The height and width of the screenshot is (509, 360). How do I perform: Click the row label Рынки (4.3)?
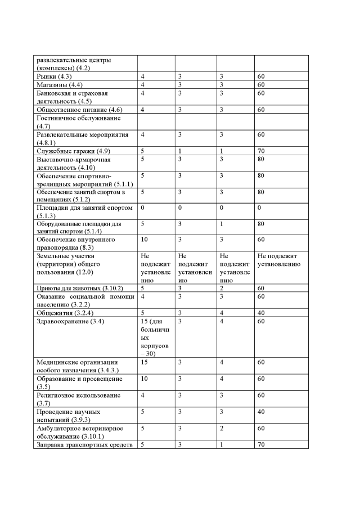(x=54, y=76)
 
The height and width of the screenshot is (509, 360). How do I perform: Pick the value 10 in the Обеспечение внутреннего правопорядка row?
(x=144, y=240)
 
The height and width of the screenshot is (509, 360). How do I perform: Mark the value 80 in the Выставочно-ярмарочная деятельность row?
(x=261, y=160)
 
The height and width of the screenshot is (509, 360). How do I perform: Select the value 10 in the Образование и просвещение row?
(x=144, y=379)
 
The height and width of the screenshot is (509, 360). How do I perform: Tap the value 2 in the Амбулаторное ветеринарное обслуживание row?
(x=222, y=429)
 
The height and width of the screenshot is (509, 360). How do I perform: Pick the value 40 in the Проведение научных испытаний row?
(x=261, y=412)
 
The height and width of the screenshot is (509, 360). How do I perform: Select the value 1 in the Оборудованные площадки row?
(x=221, y=224)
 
